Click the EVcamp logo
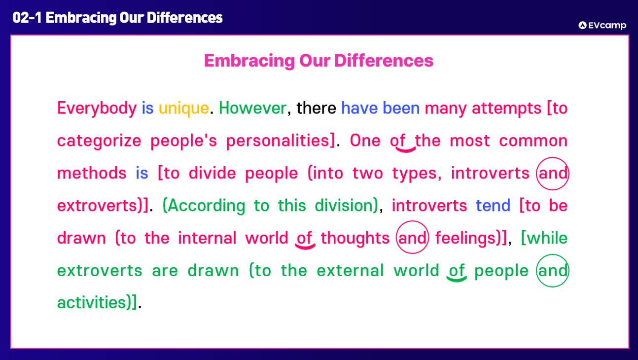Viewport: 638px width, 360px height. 602,25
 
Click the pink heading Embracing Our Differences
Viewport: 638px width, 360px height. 319,60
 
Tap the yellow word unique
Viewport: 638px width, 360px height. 184,108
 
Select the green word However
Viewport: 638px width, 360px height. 252,108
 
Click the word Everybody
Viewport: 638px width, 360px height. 97,108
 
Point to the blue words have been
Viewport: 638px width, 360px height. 380,108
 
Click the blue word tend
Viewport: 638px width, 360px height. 493,205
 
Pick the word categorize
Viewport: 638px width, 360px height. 99,141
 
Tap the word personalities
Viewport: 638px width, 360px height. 278,141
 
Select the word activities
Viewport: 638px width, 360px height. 91,302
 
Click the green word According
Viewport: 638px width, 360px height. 207,206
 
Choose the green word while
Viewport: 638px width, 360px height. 547,238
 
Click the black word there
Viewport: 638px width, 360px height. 316,108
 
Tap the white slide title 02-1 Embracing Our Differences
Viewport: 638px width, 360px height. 117,18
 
